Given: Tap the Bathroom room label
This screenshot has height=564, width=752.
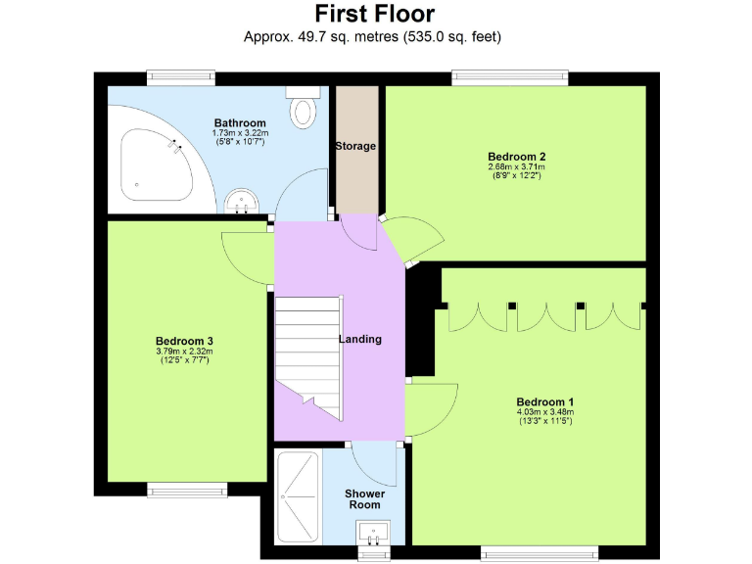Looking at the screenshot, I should click(240, 123).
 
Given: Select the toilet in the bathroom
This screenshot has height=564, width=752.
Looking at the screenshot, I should click(304, 107).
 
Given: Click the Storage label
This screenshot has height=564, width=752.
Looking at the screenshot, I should click(355, 146).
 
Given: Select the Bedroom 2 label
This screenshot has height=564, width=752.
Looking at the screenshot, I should click(516, 157).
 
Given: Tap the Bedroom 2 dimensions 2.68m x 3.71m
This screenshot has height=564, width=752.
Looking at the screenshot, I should click(516, 167).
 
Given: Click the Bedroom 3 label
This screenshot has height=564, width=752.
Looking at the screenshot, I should click(184, 341).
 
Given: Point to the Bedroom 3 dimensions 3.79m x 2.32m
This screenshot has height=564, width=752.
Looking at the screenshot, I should click(184, 352).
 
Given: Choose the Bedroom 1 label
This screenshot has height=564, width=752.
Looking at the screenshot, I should click(545, 401).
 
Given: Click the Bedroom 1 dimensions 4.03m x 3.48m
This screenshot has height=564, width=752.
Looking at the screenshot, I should click(545, 412).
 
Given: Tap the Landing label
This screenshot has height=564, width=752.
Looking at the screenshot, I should click(360, 339).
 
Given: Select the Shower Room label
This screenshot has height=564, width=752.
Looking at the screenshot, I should click(363, 498).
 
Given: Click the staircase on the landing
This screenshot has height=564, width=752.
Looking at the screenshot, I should click(308, 357).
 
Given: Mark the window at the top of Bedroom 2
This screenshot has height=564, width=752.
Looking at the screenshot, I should click(509, 74).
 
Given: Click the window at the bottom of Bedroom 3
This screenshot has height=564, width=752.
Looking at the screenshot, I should click(181, 488).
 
